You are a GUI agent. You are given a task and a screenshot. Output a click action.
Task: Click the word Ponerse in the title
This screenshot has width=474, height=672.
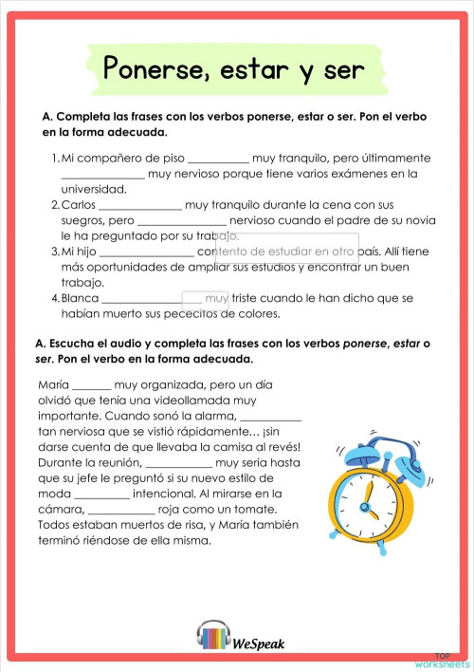tap(148, 68)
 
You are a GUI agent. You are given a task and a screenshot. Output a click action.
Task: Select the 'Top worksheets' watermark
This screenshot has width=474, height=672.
tap(448, 660)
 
